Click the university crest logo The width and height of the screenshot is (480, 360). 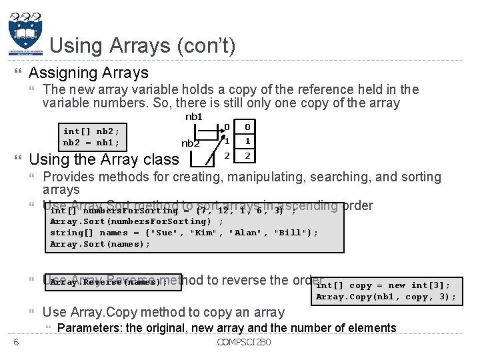[25, 33]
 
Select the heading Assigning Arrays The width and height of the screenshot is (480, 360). [89, 72]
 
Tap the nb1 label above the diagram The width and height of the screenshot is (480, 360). [193, 117]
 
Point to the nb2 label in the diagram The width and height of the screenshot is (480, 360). [191, 143]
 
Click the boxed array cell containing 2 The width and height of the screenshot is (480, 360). [247, 156]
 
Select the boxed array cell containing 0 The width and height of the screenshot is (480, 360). [247, 127]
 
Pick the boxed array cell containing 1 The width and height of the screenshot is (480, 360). [247, 141]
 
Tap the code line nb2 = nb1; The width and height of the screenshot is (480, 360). [91, 143]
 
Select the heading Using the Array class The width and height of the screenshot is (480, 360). [104, 159]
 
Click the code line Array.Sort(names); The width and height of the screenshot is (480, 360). [100, 244]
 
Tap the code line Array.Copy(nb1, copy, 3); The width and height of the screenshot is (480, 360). [386, 297]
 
